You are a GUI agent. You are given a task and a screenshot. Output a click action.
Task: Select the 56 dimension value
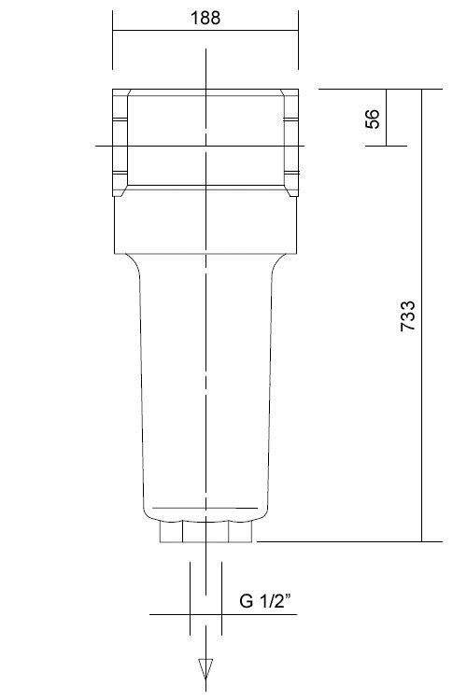coord(373,118)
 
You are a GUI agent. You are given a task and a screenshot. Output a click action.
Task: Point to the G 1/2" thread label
coord(266,602)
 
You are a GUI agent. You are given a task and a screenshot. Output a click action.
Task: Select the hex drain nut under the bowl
coord(205,533)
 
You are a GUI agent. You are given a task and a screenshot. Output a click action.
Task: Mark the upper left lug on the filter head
coord(119,120)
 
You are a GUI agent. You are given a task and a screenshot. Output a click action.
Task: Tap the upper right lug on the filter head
coord(291,120)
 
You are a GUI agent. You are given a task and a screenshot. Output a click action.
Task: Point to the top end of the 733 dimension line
coord(422,90)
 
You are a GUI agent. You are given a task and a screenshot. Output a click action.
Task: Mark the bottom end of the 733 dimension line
coord(422,540)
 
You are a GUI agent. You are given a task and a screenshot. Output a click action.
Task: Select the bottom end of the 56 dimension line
coord(386,145)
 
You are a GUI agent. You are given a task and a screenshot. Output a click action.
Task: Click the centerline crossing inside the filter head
coord(205,145)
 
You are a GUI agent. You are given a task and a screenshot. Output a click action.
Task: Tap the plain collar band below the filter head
coord(205,224)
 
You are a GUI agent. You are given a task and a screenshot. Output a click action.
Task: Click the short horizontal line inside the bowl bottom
coord(205,508)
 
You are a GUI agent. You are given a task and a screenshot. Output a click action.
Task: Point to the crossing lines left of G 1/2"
coord(191,614)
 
